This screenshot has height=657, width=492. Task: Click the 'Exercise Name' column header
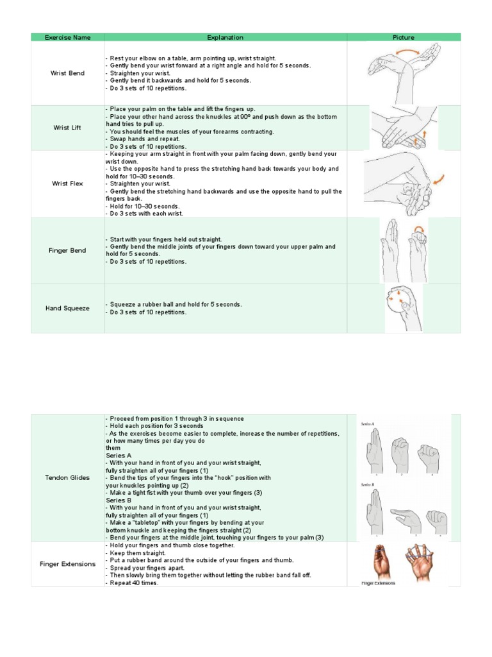(67, 37)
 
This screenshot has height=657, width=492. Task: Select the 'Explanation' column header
(225, 37)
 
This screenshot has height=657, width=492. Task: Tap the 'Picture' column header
(403, 37)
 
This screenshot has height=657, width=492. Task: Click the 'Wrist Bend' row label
(67, 73)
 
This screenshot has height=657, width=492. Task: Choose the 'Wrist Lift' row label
(67, 128)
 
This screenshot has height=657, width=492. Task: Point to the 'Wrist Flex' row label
(67, 183)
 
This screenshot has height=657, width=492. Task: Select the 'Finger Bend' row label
(67, 250)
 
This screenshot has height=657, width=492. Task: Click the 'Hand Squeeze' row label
(67, 308)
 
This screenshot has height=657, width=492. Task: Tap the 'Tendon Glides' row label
(67, 477)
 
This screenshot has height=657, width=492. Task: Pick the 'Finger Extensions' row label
(67, 564)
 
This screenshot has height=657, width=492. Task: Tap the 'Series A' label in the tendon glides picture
(368, 424)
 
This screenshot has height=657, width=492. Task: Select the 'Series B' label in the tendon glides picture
(368, 485)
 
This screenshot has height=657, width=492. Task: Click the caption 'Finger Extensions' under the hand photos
(379, 583)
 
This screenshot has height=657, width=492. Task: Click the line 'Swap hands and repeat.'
(144, 139)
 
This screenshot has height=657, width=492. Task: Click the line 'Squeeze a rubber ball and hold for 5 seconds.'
(174, 304)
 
